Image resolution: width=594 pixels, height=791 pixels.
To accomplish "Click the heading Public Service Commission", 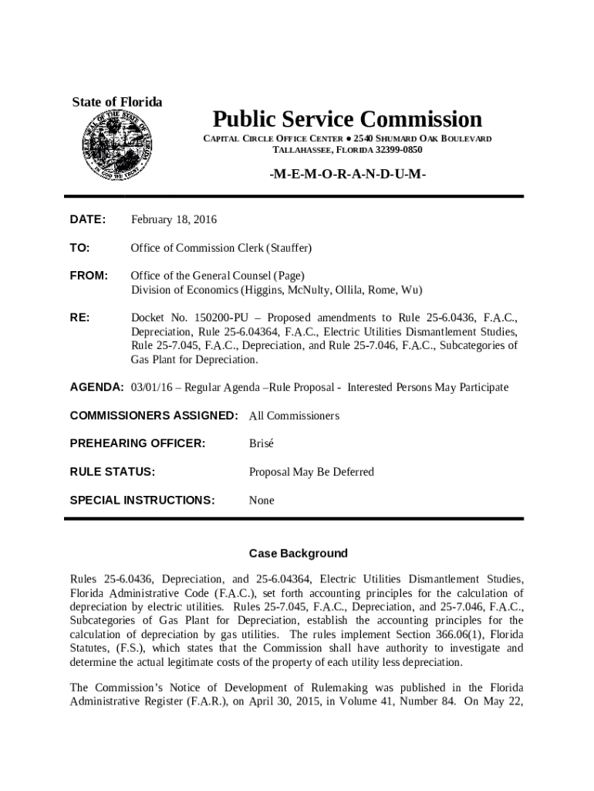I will [x=347, y=119].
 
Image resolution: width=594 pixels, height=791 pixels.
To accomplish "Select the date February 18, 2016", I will [x=174, y=220].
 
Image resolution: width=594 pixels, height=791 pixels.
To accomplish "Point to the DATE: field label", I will [x=88, y=220].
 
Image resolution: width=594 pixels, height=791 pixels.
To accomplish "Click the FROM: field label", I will [x=89, y=276].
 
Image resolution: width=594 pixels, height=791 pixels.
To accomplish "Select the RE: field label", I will [x=79, y=317].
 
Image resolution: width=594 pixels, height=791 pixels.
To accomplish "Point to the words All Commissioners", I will [x=294, y=416].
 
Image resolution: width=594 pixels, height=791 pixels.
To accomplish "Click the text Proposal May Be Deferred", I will [x=311, y=472].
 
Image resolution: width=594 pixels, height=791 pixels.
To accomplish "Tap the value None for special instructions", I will [x=262, y=501].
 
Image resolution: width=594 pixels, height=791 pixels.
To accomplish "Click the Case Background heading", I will [x=298, y=554].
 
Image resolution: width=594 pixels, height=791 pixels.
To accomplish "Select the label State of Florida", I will [x=117, y=103].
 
